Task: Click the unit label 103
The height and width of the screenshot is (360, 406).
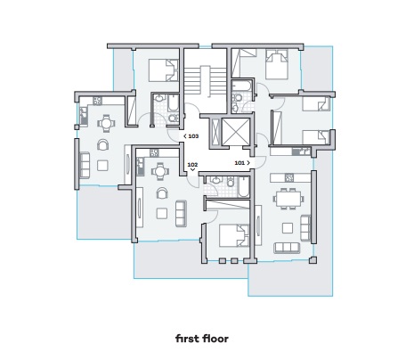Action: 193,136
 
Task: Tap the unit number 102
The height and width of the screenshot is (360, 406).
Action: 192,165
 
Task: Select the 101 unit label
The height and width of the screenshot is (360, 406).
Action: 240,163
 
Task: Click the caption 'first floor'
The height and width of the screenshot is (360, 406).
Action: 202,339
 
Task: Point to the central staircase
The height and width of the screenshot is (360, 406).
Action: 206,81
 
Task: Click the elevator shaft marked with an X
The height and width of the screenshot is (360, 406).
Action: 236,132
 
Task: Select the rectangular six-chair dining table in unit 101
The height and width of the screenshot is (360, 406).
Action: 288,199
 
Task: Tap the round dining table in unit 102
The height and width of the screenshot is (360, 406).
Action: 160,171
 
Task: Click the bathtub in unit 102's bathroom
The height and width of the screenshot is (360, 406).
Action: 244,187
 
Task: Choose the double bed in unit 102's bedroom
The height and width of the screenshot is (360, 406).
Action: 234,235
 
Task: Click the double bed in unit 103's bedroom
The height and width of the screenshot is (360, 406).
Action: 163,70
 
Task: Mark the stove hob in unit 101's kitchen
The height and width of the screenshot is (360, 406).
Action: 289,177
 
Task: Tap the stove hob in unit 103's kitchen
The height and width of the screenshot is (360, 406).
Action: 97,101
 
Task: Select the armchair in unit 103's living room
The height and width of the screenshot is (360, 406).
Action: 102,144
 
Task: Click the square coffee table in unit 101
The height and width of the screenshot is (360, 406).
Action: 288,228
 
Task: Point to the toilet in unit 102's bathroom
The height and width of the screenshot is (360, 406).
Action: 231,182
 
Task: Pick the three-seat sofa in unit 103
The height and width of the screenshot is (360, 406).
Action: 85,165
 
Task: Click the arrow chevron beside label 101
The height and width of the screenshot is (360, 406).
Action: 248,163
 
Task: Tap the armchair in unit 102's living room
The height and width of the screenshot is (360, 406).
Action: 162,193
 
